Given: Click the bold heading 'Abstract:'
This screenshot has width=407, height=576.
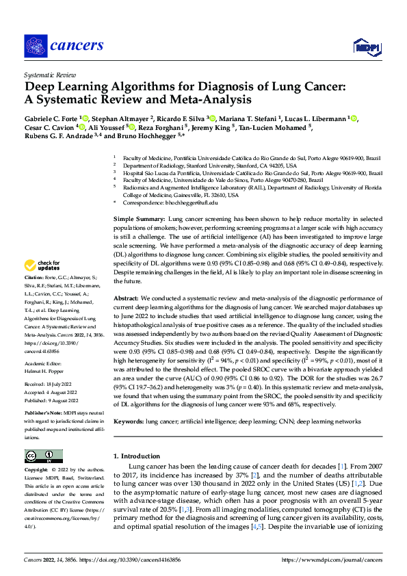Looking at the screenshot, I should coord(127,299).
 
